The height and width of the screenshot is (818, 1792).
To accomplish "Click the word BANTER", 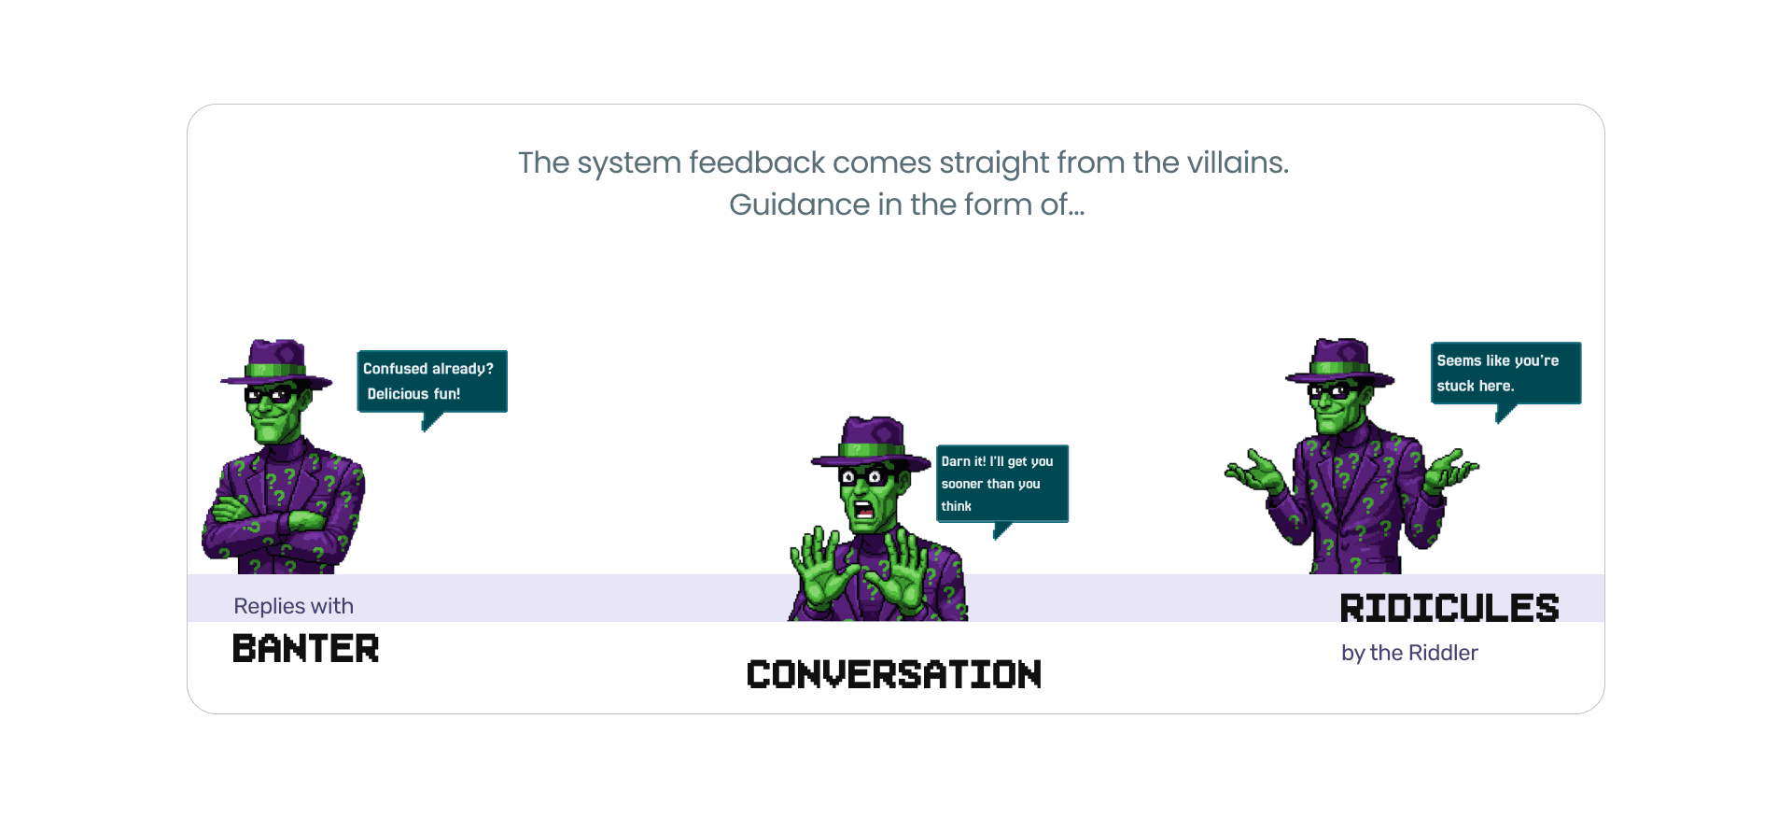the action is tap(305, 649).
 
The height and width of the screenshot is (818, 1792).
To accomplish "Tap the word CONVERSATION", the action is tap(893, 674).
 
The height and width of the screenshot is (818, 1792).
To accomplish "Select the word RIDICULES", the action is tap(1449, 608).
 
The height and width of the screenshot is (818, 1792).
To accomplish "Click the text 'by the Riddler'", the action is tap(1409, 653).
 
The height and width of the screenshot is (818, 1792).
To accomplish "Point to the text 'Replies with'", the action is tap(293, 606).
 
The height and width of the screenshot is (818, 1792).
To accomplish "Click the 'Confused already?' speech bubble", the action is tap(432, 381).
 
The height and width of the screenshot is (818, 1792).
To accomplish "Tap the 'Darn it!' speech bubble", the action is tap(1001, 483).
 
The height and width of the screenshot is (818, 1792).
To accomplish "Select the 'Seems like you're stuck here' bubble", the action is tap(1505, 373).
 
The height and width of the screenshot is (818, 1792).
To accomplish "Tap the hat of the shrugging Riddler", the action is tap(1340, 360).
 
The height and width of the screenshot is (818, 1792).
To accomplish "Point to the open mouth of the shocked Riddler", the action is tap(864, 510).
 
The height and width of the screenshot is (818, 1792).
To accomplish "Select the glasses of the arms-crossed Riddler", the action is tap(270, 394).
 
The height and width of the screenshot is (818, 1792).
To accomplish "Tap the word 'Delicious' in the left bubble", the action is tap(398, 394).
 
